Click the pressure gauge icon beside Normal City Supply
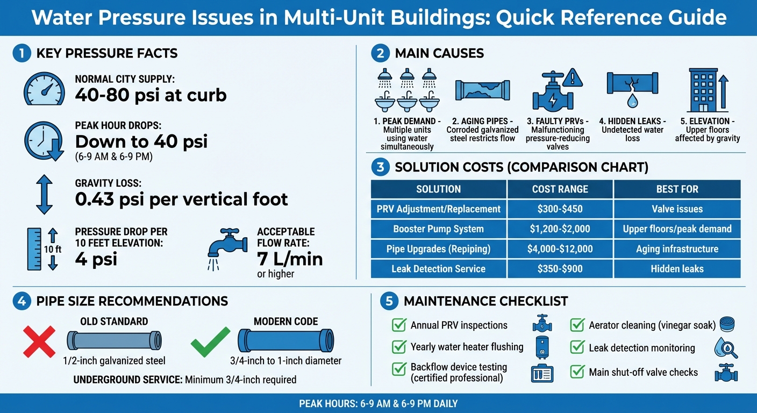(x=44, y=88)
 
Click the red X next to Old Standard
(x=39, y=341)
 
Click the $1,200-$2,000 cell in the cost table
(x=560, y=229)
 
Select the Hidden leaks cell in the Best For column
(x=677, y=269)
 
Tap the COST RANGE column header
(x=560, y=189)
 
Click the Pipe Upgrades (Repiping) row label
(x=438, y=249)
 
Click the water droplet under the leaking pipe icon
(x=632, y=101)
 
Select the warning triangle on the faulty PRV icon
(x=574, y=79)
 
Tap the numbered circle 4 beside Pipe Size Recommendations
(x=22, y=301)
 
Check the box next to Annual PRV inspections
(x=399, y=325)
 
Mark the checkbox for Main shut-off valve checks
(x=577, y=372)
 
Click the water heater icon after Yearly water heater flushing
(x=542, y=347)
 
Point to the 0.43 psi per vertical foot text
(x=182, y=200)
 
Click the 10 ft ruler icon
(x=34, y=249)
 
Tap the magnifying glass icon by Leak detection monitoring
(x=725, y=348)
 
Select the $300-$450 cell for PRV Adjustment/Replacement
(x=560, y=209)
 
